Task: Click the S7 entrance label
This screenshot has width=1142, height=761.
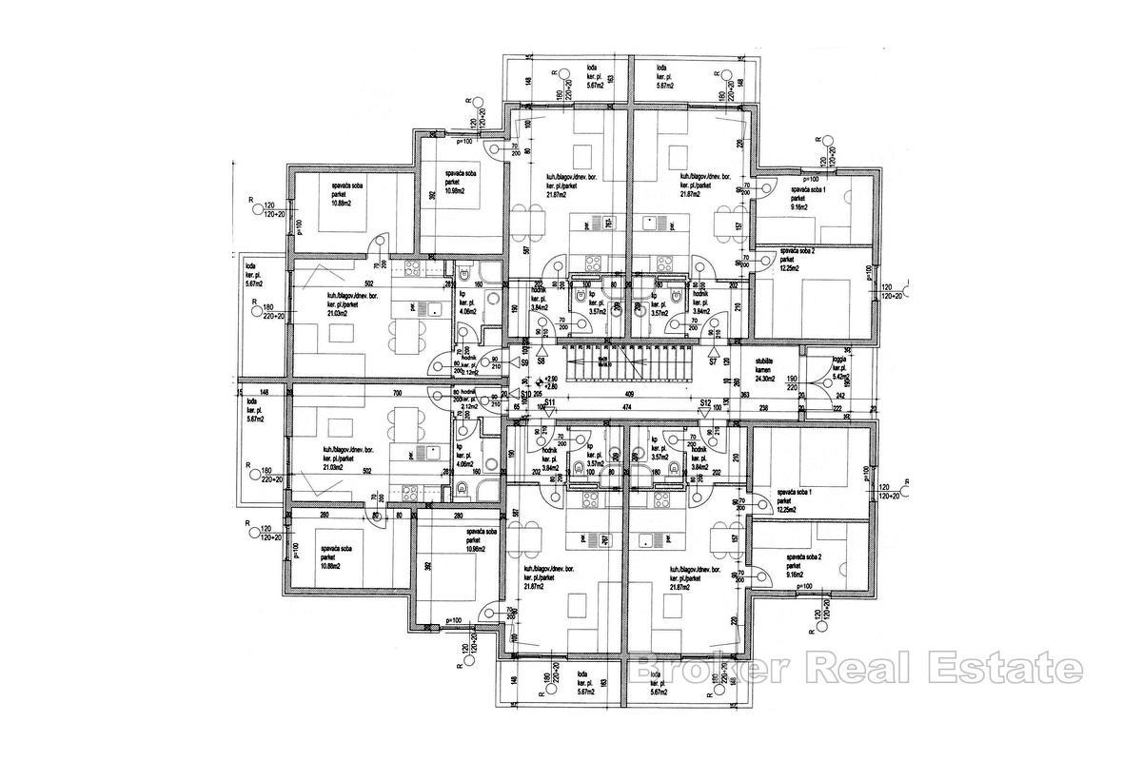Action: pyautogui.click(x=712, y=362)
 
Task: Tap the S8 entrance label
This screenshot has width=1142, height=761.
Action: pyautogui.click(x=541, y=361)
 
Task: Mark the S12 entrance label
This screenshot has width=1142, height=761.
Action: pyautogui.click(x=704, y=403)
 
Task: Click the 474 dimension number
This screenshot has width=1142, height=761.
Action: pyautogui.click(x=628, y=407)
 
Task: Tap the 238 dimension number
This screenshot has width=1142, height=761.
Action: pyautogui.click(x=764, y=407)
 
